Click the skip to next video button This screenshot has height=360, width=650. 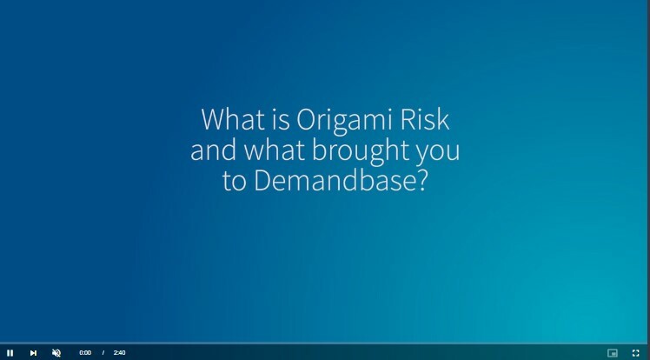(33, 352)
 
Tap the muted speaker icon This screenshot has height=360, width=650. (56, 352)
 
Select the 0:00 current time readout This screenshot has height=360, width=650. (85, 352)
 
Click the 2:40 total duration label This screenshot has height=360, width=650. (119, 352)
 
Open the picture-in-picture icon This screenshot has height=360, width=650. (613, 352)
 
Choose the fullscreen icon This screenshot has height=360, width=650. (635, 352)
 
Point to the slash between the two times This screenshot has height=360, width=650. (103, 352)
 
